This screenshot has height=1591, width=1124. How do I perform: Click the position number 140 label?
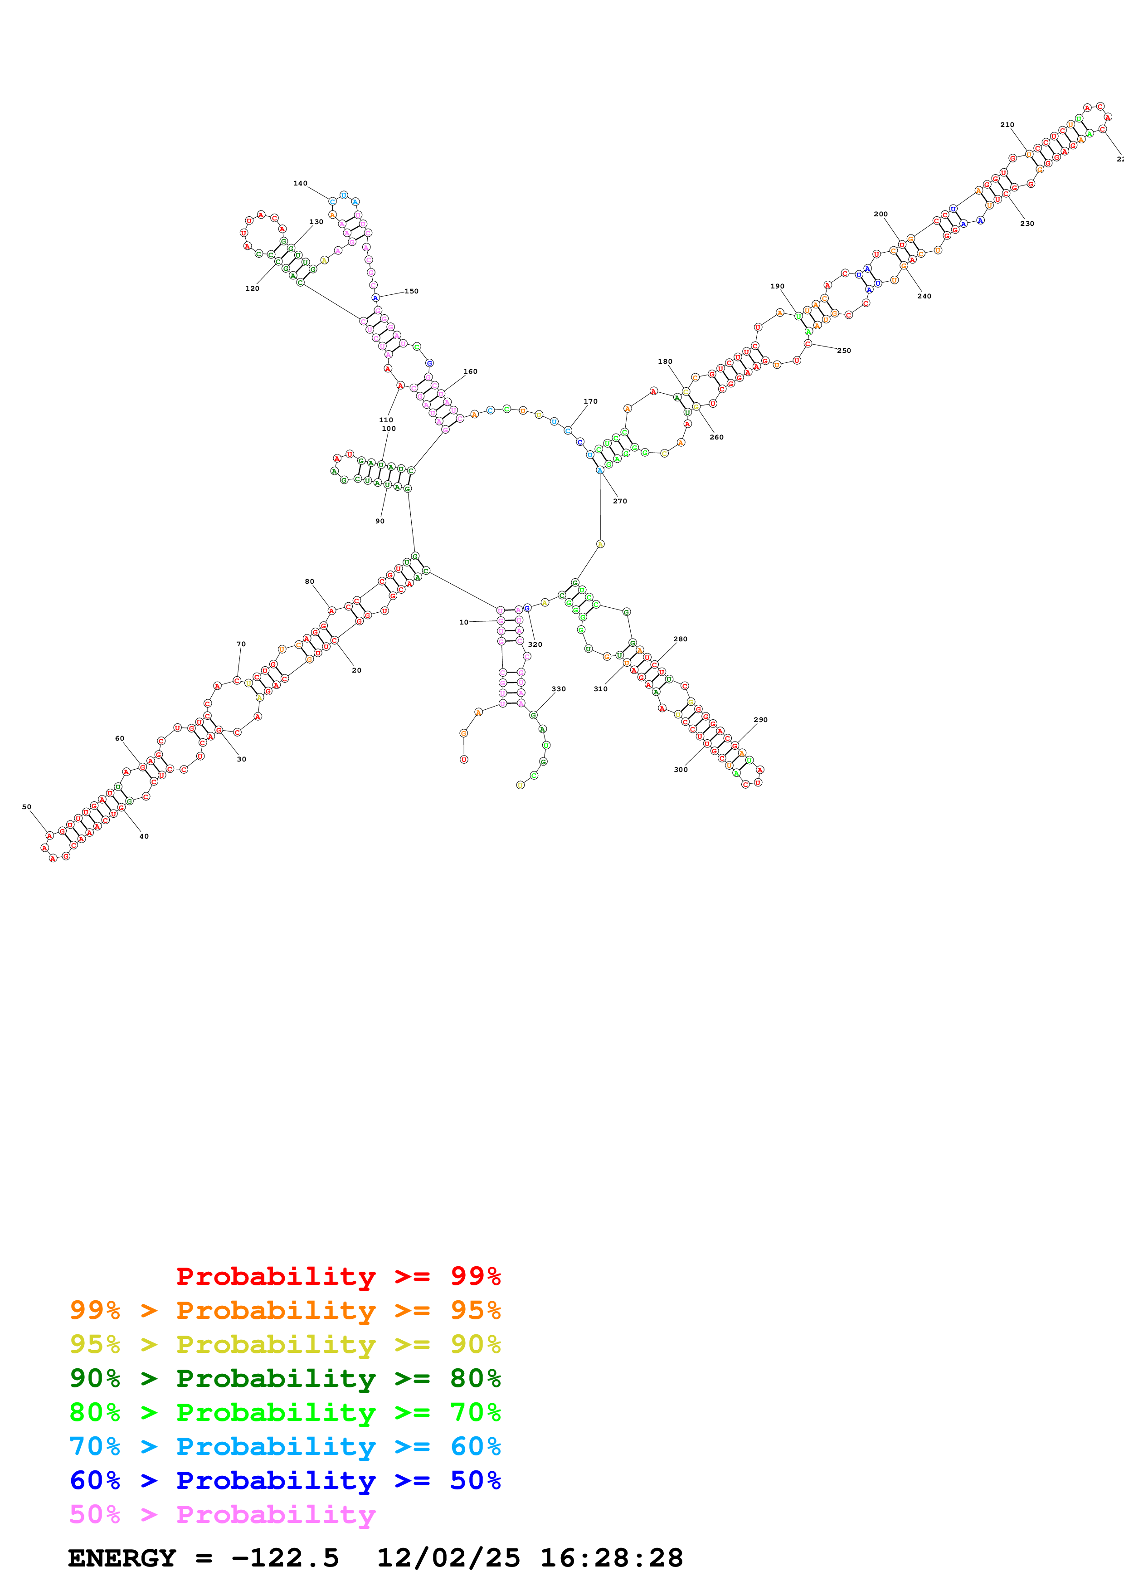point(300,184)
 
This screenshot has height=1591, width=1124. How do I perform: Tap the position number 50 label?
point(26,806)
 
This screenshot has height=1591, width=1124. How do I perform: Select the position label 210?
point(1007,125)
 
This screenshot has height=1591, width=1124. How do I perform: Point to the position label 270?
point(620,501)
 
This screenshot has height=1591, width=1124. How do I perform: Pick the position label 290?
point(760,719)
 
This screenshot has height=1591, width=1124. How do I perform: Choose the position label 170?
point(590,401)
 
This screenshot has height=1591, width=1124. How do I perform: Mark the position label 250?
point(843,351)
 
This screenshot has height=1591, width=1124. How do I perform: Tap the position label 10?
point(463,622)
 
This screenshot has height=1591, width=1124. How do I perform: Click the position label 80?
point(310,581)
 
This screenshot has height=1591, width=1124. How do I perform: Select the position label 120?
point(252,288)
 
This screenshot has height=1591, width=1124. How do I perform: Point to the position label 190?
point(777,286)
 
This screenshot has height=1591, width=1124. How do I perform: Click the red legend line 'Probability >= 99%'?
point(338,1276)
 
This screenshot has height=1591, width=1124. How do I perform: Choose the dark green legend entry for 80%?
point(285,1378)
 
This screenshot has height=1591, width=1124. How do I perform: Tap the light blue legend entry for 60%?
point(285,1446)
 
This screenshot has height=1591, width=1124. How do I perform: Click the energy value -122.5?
point(285,1558)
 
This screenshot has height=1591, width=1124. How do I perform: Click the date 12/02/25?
point(448,1558)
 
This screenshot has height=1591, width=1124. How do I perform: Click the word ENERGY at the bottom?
point(122,1558)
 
